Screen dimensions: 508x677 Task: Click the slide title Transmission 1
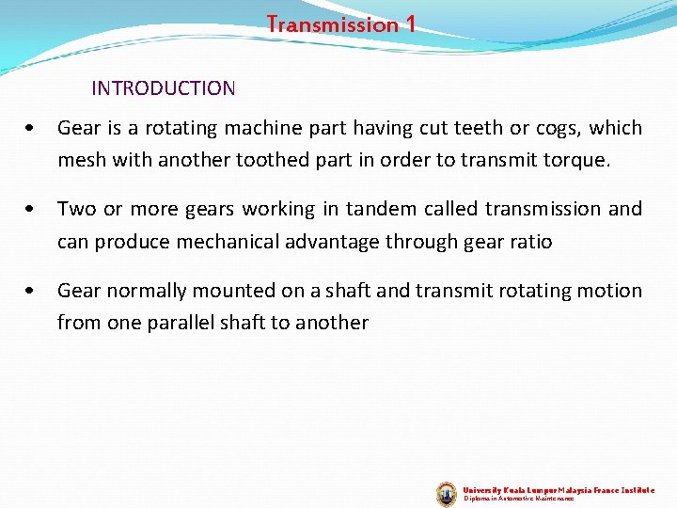click(340, 24)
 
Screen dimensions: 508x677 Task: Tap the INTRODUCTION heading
click(164, 88)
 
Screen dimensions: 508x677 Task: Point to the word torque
click(576, 160)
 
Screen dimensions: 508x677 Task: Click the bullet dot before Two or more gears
click(33, 210)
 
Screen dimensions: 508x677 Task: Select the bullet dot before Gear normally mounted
click(33, 292)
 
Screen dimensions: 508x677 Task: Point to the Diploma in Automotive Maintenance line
click(519, 499)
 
